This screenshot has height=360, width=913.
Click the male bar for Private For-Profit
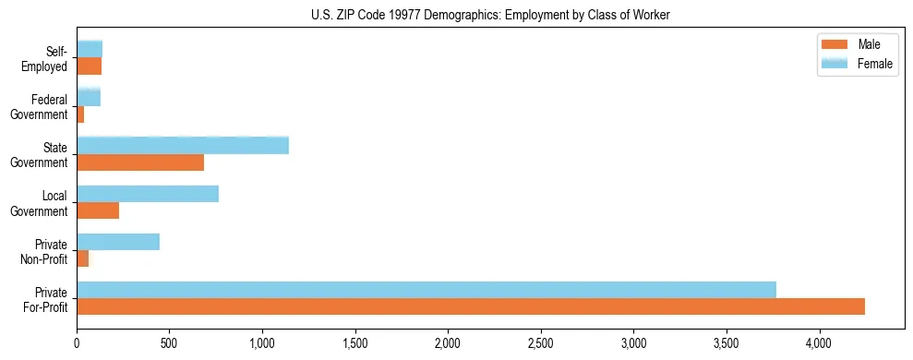pyautogui.click(x=471, y=306)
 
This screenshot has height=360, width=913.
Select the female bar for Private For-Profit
pyautogui.click(x=426, y=290)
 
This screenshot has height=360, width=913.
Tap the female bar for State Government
pyautogui.click(x=183, y=145)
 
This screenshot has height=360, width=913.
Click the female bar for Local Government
pyautogui.click(x=148, y=194)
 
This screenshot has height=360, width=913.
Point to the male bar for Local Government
pyautogui.click(x=98, y=210)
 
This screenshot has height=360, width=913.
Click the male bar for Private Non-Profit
pyautogui.click(x=83, y=258)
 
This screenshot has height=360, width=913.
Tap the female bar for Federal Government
pyautogui.click(x=89, y=97)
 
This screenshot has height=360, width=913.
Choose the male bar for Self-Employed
pyautogui.click(x=90, y=66)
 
